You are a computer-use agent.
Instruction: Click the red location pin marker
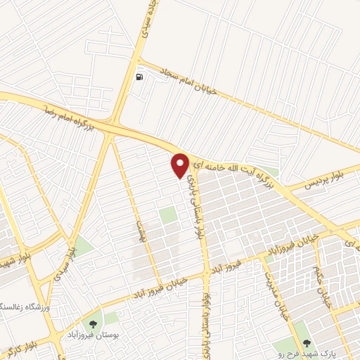[x=180, y=165]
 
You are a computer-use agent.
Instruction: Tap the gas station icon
[x=140, y=77]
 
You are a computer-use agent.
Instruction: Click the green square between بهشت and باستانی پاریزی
[x=167, y=216]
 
